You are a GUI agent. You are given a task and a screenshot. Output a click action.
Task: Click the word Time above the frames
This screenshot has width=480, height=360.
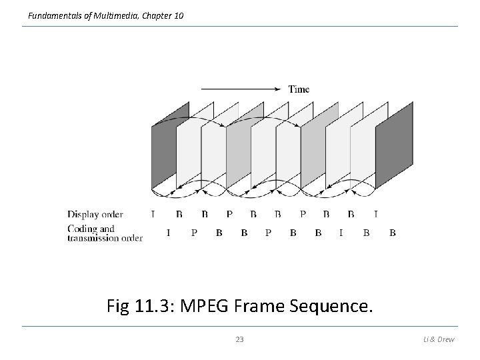click(x=299, y=89)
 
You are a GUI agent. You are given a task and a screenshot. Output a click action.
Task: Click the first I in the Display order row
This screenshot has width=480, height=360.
click(x=153, y=215)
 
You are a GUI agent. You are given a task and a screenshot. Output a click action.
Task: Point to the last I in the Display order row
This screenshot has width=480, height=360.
click(x=375, y=215)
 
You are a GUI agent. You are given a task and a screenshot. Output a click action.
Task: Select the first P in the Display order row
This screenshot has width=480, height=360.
click(x=229, y=215)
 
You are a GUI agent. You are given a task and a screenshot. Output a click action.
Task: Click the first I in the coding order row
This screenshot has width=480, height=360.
click(x=167, y=233)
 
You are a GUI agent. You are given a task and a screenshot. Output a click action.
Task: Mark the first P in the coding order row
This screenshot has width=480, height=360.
click(x=193, y=233)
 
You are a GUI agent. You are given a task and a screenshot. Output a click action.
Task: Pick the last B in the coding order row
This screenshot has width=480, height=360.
click(x=393, y=233)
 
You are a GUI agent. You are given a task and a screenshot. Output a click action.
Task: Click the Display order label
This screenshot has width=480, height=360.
click(x=95, y=215)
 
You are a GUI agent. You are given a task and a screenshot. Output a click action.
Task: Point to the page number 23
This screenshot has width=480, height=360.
click(x=240, y=340)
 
